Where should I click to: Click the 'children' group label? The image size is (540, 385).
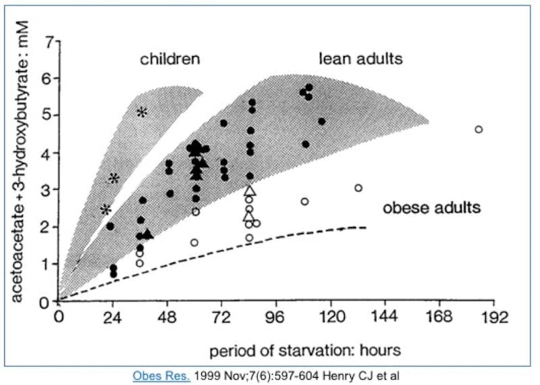pyautogui.click(x=169, y=59)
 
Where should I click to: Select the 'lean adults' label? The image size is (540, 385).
pyautogui.click(x=360, y=59)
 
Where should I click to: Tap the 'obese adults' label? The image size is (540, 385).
pyautogui.click(x=432, y=207)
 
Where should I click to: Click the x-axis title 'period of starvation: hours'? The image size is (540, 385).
pyautogui.click(x=305, y=351)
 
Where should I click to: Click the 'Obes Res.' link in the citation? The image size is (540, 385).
pyautogui.click(x=161, y=374)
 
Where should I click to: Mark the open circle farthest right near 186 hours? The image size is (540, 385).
pyautogui.click(x=479, y=129)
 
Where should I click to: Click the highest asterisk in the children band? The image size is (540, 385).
pyautogui.click(x=142, y=111)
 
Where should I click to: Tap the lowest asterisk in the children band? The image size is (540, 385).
pyautogui.click(x=105, y=209)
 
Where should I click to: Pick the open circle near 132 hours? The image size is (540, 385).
pyautogui.click(x=358, y=188)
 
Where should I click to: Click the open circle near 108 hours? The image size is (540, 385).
pyautogui.click(x=304, y=201)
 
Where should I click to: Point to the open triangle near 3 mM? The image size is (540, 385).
pyautogui.click(x=249, y=191)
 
